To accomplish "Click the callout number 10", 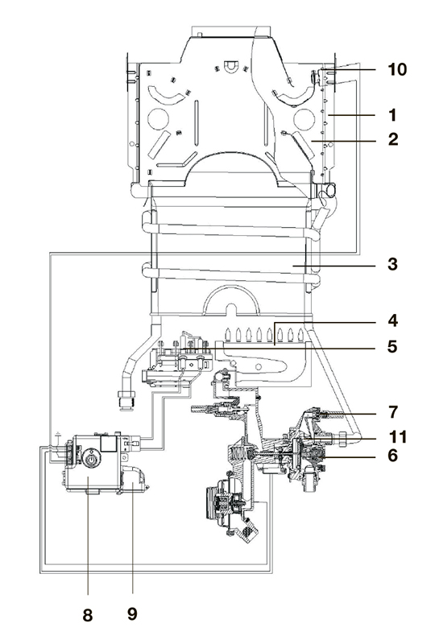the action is pos(397,69).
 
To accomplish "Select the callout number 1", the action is pos(393,115).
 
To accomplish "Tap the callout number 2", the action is pos(393,139).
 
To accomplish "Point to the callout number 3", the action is pos(392,264).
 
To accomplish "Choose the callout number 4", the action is pos(392,320).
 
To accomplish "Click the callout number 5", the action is pos(392,346).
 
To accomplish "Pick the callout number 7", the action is pos(393,411).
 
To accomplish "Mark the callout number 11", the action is pos(398,436).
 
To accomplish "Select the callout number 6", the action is pos(392,455).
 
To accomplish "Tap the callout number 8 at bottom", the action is pos(88,615).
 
